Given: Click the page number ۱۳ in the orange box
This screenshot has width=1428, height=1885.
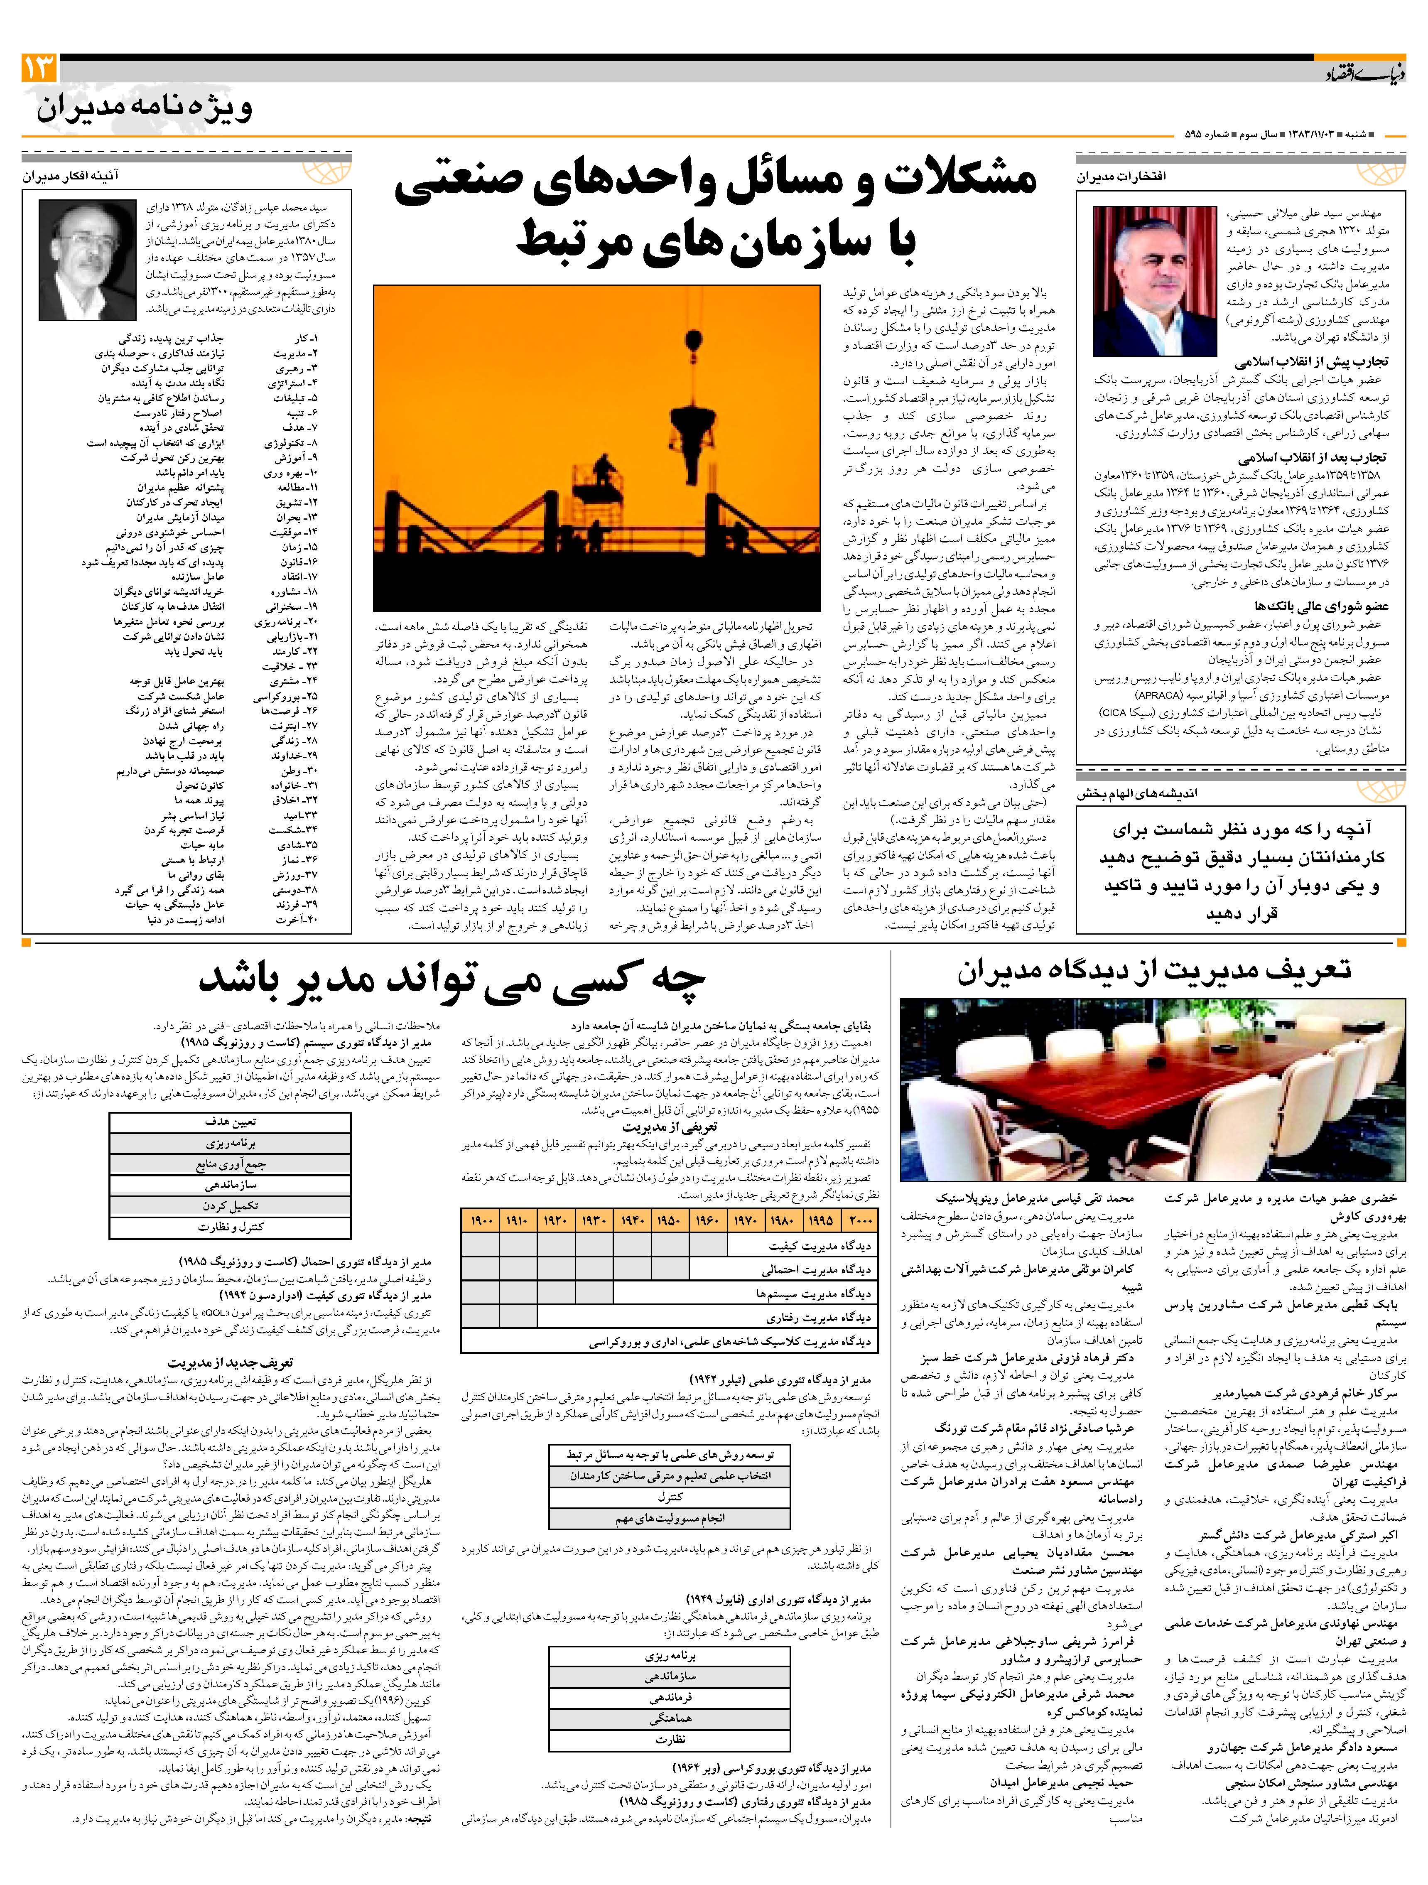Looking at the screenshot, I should click(x=39, y=68).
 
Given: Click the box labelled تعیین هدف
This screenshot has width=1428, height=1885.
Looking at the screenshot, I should click(x=230, y=1122).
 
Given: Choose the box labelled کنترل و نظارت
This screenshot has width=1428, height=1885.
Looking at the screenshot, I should click(x=230, y=1227).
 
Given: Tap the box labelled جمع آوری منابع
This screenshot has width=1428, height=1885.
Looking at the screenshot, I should click(x=230, y=1164).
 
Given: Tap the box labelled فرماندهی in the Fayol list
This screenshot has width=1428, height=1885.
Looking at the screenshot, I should click(x=670, y=1698).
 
